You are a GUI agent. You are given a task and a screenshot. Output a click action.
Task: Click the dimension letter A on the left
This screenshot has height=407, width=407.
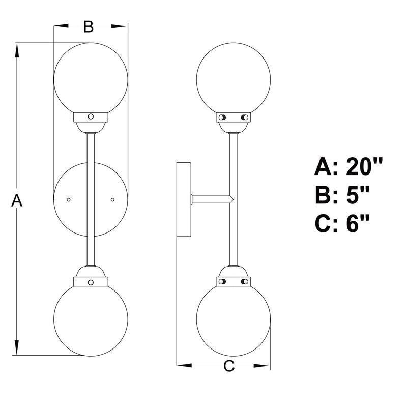(17, 201)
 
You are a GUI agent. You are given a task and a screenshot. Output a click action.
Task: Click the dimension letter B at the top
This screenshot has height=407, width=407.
(89, 26)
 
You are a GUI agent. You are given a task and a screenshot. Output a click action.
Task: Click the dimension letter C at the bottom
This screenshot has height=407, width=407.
(229, 365)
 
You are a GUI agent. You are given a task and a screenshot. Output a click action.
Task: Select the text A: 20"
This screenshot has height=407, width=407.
(348, 166)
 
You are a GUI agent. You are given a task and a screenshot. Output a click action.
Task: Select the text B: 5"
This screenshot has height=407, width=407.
(342, 195)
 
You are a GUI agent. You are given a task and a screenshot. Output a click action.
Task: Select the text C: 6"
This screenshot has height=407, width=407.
(342, 223)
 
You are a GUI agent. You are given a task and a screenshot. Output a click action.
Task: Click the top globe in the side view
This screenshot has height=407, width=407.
(234, 76)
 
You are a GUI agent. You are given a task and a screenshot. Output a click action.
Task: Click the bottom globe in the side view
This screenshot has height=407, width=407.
(234, 319)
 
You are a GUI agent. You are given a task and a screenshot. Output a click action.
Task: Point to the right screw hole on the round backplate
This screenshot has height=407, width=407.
(113, 199)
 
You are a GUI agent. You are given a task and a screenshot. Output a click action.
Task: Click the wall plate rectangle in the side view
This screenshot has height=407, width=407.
(183, 199)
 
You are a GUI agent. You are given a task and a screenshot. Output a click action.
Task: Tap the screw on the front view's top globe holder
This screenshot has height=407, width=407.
(91, 117)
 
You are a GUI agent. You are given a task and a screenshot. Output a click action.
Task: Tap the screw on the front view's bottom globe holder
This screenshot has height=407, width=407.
(91, 281)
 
